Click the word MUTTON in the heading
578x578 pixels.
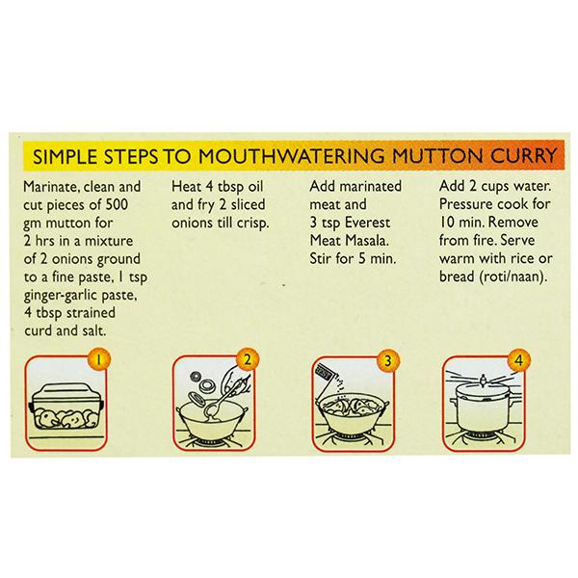pos(437,155)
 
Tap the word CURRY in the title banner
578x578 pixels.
pos(523,155)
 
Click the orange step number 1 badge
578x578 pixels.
pos(98,359)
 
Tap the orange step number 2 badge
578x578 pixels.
pos(248,359)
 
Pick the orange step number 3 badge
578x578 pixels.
pos(388,360)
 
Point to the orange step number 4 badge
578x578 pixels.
pos(519,360)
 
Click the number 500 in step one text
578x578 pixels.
pos(117,204)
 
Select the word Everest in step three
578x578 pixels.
pos(367,223)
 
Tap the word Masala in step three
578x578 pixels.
pos(366,241)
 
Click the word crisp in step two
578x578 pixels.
pos(252,223)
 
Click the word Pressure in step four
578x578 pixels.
pos(464,204)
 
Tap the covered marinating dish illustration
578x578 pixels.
pos(66,407)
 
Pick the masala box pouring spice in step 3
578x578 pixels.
pos(326,372)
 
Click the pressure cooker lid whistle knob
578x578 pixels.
pos(483,380)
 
